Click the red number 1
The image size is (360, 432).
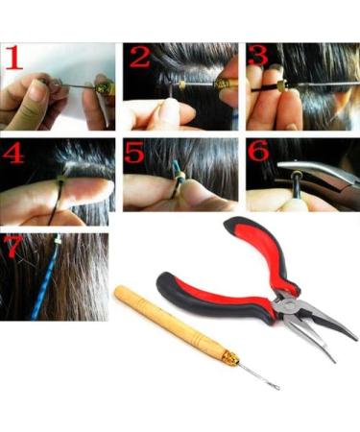14,61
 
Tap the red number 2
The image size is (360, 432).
140,60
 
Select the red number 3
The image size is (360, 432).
258,59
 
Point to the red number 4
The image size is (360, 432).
14,155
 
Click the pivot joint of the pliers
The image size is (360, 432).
287,308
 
